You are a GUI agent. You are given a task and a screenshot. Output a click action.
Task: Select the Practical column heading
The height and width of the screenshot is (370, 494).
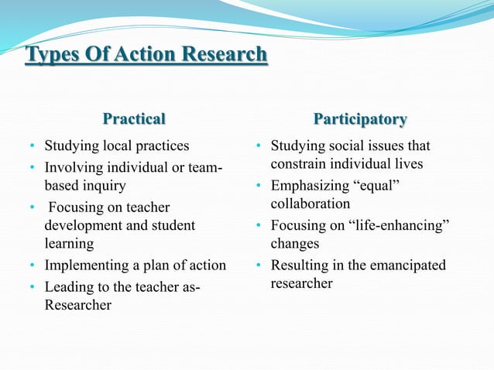(x=134, y=119)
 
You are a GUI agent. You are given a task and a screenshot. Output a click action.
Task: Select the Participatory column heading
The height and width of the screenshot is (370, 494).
(x=360, y=119)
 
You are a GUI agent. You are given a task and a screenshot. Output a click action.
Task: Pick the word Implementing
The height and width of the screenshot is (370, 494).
(x=84, y=266)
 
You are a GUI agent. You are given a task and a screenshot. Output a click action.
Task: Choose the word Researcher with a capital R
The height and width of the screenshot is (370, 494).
(x=77, y=305)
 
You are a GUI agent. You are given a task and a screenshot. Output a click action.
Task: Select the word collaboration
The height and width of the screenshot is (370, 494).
(x=310, y=204)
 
